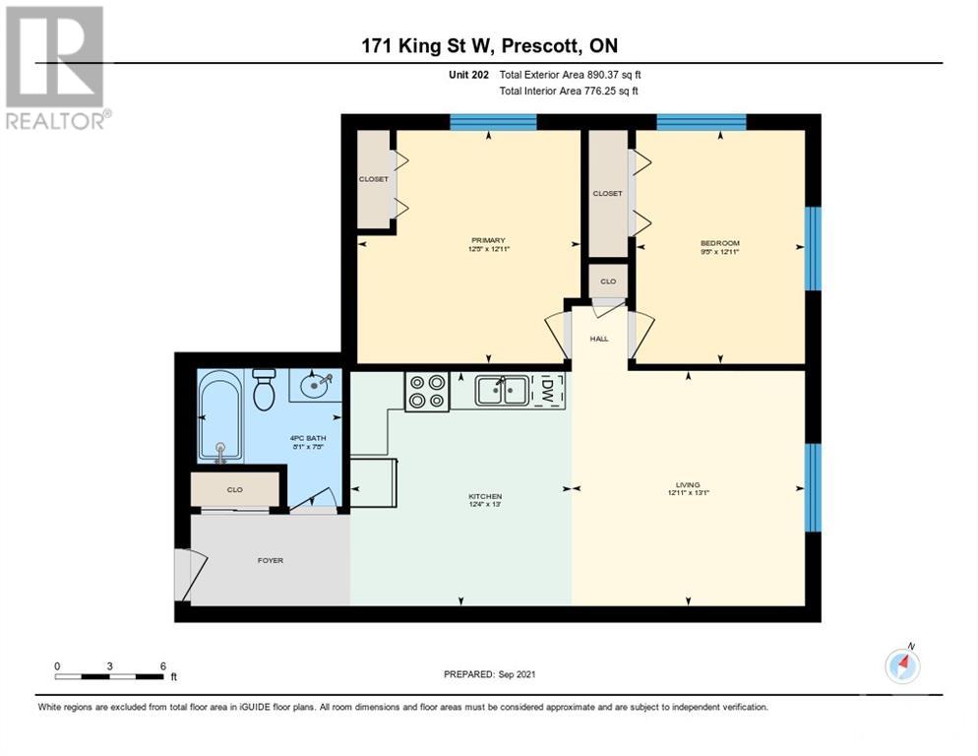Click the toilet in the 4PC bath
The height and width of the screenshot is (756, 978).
click(264, 390)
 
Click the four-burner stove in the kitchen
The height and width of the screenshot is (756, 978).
click(426, 391)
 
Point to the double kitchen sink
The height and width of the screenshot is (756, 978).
click(501, 391)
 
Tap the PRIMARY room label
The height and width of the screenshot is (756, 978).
click(487, 241)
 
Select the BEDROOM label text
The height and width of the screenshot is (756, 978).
click(719, 243)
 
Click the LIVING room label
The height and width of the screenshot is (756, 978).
click(687, 484)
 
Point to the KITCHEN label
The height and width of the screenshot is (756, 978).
click(486, 496)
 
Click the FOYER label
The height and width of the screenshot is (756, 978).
click(271, 561)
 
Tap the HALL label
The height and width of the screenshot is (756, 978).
click(599, 339)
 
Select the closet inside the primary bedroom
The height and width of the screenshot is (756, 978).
click(373, 179)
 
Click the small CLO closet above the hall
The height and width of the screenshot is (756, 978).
click(608, 281)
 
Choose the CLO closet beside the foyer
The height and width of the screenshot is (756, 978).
click(235, 488)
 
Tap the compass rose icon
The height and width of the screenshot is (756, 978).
click(902, 666)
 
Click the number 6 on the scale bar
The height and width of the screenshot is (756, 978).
click(162, 665)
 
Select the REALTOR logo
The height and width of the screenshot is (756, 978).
click(56, 68)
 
